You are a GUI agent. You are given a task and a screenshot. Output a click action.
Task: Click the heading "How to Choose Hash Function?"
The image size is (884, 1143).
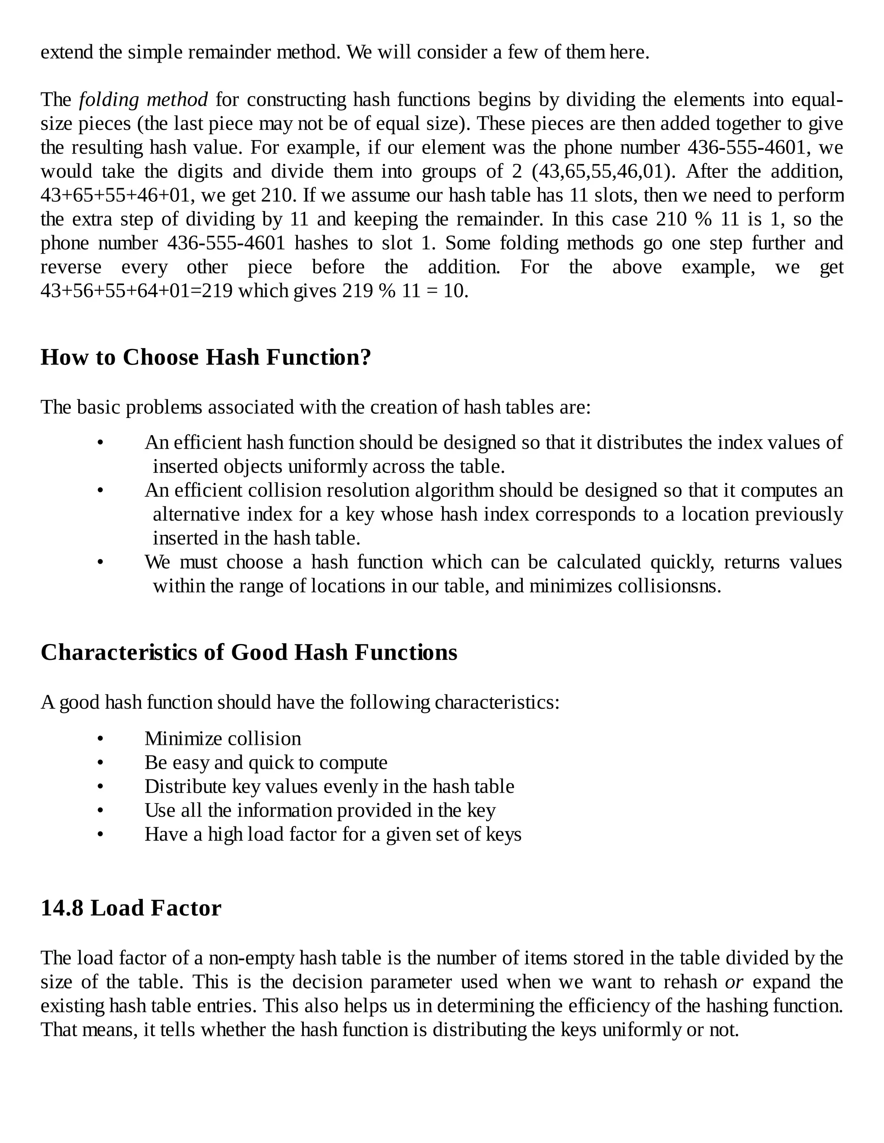[x=205, y=358]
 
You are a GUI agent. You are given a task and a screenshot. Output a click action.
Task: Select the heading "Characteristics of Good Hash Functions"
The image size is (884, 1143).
[x=249, y=653]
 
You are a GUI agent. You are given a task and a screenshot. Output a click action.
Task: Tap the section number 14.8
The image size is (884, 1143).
[x=62, y=908]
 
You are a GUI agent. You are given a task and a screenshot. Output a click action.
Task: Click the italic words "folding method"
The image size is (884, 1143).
[x=143, y=99]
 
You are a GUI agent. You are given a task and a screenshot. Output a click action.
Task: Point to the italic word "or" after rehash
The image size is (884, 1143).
[x=734, y=982]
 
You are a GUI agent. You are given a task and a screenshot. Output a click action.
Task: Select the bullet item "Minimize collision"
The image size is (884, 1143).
[x=223, y=738]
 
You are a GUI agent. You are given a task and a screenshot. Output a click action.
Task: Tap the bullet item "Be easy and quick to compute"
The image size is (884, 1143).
[x=265, y=763]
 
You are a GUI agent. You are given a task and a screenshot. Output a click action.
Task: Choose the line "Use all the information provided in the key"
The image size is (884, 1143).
[x=319, y=810]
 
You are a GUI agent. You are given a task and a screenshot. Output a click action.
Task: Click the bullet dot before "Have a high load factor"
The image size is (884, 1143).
[x=101, y=834]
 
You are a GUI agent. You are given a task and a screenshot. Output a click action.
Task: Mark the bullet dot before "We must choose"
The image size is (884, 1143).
[x=101, y=562]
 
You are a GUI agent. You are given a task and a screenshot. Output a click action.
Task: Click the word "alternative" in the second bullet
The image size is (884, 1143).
[x=196, y=515]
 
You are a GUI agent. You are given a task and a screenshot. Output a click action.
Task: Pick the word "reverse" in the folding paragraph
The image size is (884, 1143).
[x=71, y=267]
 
